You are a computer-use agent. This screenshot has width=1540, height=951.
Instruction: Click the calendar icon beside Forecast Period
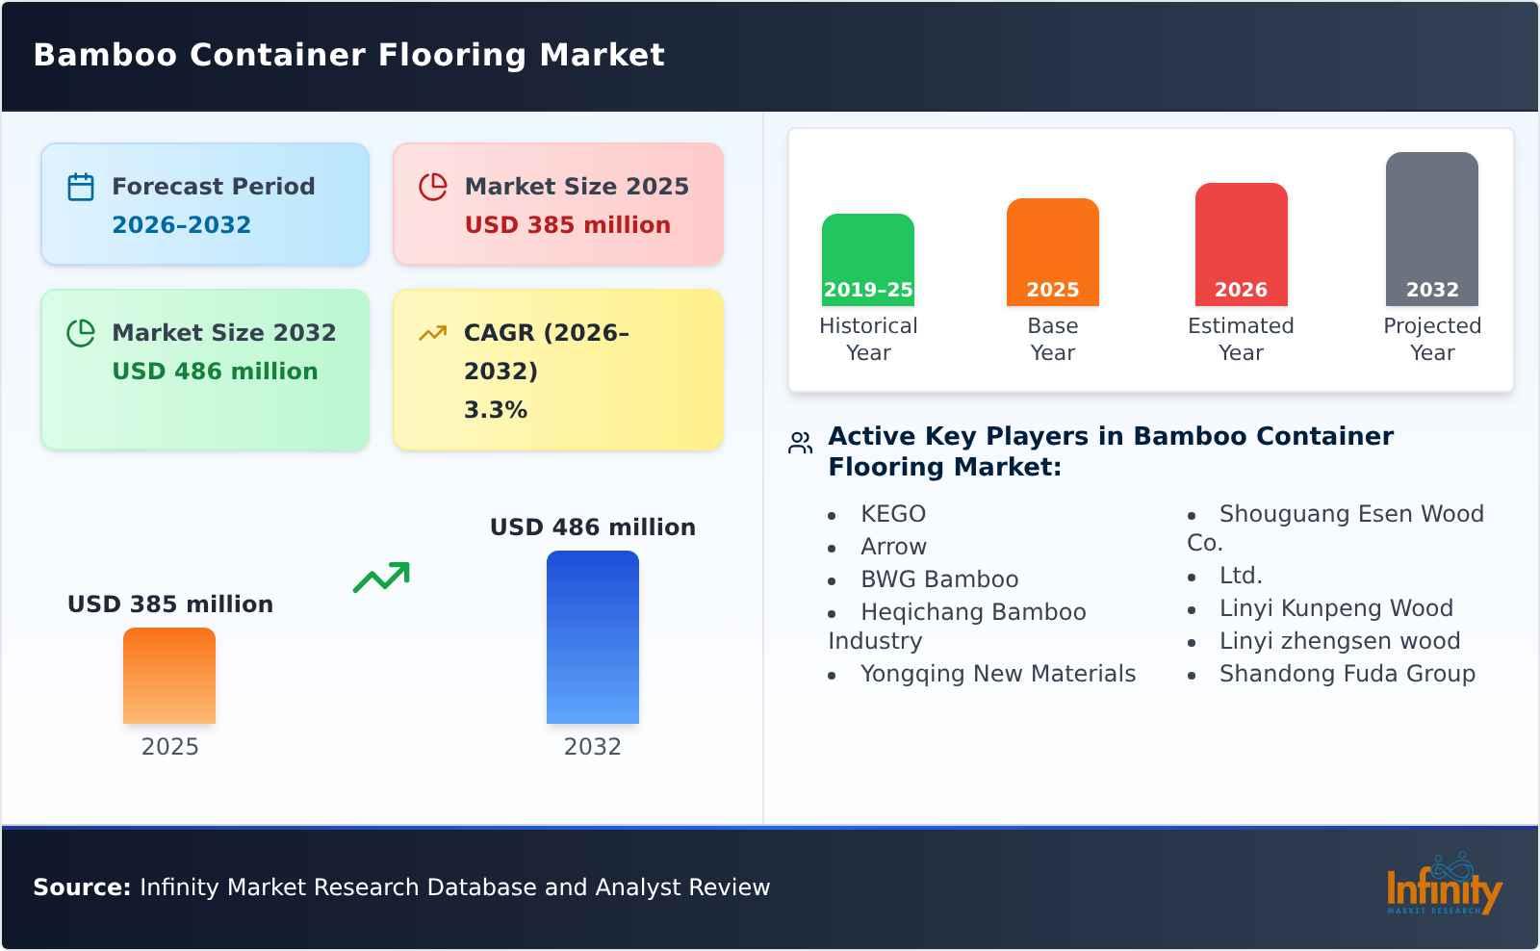tap(81, 187)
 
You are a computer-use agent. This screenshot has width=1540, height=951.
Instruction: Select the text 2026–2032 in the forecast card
tap(181, 225)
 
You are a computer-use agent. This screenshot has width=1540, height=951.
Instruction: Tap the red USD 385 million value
tap(567, 225)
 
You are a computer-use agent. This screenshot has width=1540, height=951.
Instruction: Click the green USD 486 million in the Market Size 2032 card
tap(215, 372)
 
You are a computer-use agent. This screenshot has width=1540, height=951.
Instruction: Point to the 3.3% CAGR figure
tap(495, 410)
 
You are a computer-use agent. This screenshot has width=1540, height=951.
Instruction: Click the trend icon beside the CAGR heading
tap(432, 333)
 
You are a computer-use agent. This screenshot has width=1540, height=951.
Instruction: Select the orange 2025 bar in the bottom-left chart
tap(169, 676)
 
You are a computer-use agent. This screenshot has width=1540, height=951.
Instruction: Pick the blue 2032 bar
tap(592, 637)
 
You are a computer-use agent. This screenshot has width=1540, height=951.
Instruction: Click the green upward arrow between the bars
tap(381, 578)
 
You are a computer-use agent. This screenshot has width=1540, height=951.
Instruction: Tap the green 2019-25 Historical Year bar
tap(867, 260)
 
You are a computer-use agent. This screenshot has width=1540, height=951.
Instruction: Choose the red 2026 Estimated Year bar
tap(1241, 244)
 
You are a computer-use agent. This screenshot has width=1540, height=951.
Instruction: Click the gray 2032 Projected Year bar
tap(1431, 229)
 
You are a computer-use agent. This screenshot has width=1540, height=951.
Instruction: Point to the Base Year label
tap(1052, 339)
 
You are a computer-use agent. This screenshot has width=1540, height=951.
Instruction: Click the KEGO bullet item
tap(892, 514)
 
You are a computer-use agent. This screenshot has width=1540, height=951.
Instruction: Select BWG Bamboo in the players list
tap(938, 579)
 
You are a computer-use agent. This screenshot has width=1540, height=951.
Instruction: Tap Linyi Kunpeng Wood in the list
tap(1335, 608)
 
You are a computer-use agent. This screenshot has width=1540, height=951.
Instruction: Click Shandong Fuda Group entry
tap(1347, 674)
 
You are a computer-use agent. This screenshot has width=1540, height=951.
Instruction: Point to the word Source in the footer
tap(82, 887)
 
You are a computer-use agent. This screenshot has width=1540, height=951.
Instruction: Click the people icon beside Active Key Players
tap(800, 443)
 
